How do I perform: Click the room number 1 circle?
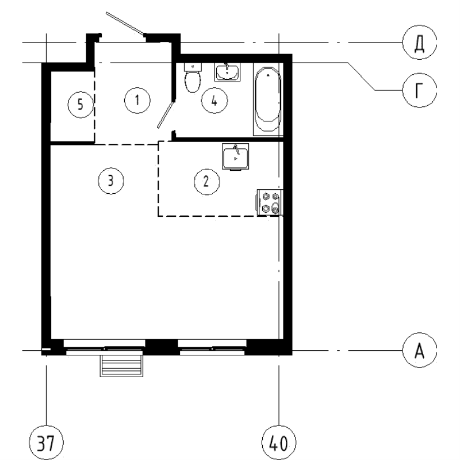tap(137, 100)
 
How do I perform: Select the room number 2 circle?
tap(205, 181)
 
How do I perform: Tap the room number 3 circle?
tap(110, 181)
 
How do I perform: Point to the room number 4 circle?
tap(214, 101)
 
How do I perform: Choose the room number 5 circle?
tap(80, 104)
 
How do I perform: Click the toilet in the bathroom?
tap(193, 79)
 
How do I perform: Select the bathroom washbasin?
tap(228, 72)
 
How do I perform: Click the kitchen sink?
tap(235, 156)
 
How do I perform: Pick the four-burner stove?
tap(270, 202)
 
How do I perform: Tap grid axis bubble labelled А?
tap(419, 350)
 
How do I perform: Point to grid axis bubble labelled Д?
tap(419, 43)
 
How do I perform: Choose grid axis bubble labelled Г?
tap(419, 90)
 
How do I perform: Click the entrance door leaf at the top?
tap(125, 23)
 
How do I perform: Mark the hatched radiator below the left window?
tap(121, 365)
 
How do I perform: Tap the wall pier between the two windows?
tap(162, 347)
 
